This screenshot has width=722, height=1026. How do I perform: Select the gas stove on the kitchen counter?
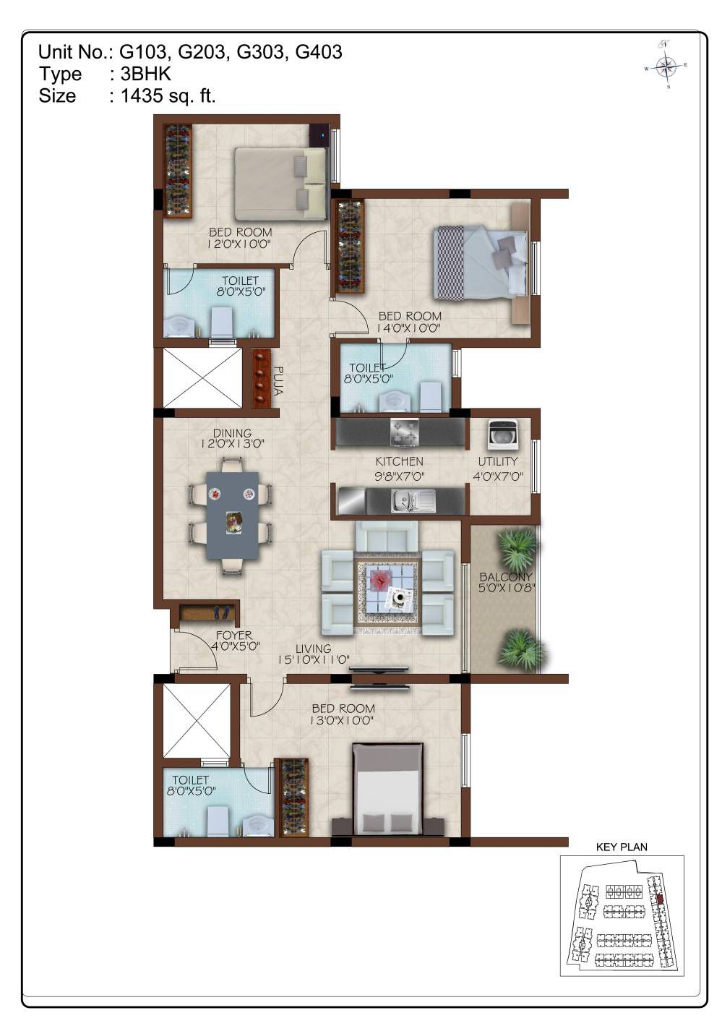(x=404, y=432)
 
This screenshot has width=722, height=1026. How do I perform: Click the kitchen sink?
(x=413, y=500)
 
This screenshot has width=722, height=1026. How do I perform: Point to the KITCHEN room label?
(x=399, y=461)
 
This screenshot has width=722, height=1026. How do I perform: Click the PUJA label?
(x=278, y=380)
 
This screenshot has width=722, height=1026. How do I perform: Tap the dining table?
(x=232, y=515)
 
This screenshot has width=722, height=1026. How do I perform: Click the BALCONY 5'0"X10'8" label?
(x=506, y=582)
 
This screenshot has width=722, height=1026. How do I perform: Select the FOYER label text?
(x=233, y=636)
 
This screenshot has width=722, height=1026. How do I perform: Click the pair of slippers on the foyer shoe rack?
(x=222, y=612)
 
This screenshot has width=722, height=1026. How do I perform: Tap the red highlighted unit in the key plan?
(x=660, y=898)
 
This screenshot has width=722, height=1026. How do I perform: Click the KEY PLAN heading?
(x=622, y=847)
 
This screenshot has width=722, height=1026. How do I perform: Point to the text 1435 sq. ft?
(x=168, y=95)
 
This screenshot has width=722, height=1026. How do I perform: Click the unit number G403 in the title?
(x=319, y=52)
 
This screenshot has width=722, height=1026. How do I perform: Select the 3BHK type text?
(x=145, y=74)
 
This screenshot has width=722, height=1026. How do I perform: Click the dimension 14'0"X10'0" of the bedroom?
(x=408, y=328)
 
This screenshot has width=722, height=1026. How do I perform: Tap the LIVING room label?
(x=313, y=649)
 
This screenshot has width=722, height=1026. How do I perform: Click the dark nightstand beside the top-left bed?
(x=319, y=136)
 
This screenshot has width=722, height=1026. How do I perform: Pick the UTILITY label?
(x=498, y=461)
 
